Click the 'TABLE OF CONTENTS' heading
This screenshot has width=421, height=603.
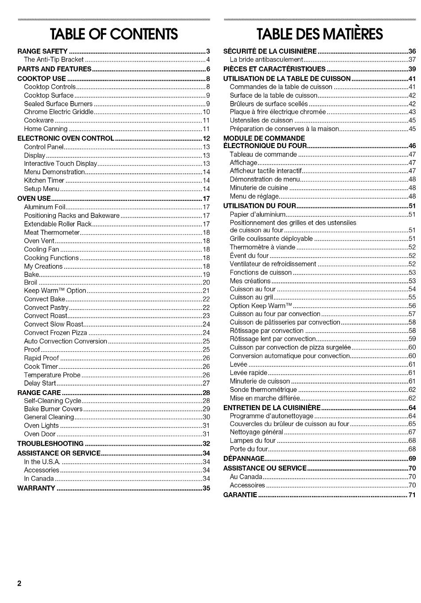pyautogui.click(x=114, y=34)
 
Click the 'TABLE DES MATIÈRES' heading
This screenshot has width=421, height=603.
pyautogui.click(x=320, y=34)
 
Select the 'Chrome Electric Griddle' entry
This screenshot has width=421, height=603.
pyautogui.click(x=58, y=112)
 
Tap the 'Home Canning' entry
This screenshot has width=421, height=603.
pyautogui.click(x=46, y=129)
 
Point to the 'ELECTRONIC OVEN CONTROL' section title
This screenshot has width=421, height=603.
pyautogui.click(x=66, y=138)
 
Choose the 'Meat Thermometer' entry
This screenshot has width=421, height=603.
pyautogui.click(x=52, y=232)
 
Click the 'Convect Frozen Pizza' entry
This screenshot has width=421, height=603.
pyautogui.click(x=55, y=333)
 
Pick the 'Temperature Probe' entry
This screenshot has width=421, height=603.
pyautogui.click(x=52, y=375)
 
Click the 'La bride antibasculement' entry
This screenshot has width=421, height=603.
pyautogui.click(x=266, y=60)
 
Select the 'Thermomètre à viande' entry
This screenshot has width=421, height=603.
pyautogui.click(x=262, y=247)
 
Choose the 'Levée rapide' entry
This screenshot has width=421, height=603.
pyautogui.click(x=249, y=373)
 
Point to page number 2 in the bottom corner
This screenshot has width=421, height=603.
pyautogui.click(x=19, y=583)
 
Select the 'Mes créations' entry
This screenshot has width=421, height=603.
pyautogui.click(x=250, y=281)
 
